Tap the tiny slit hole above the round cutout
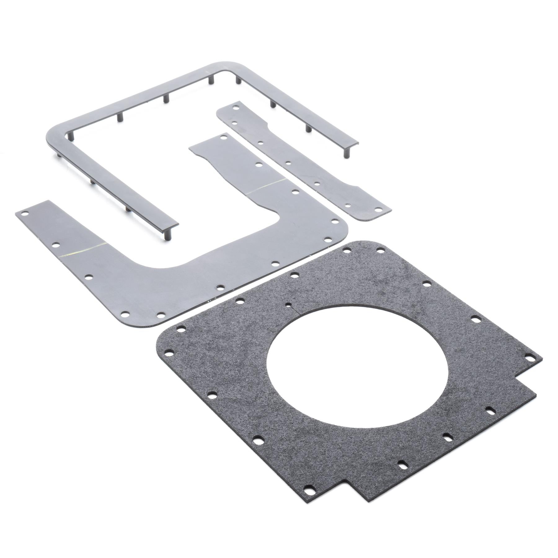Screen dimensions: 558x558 (x=289, y=304)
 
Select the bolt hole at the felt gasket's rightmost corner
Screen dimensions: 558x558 (x=531, y=357)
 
